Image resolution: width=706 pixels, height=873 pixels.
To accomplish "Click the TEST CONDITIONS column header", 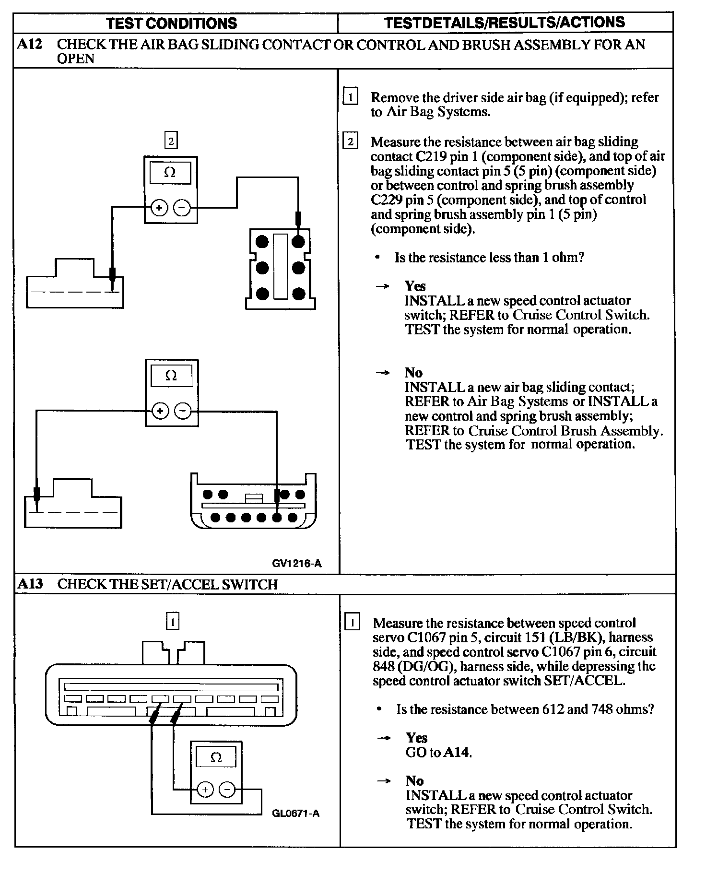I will coord(171,23).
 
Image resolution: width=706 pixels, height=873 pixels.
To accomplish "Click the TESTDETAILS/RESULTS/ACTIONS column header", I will coord(505,22).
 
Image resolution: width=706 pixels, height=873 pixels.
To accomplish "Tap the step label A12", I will coord(30,45).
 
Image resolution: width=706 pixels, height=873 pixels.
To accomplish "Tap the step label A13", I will coord(30,584).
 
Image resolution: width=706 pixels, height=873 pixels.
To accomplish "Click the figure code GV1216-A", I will coord(296,564).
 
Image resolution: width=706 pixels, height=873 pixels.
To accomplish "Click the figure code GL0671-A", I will coord(295,813).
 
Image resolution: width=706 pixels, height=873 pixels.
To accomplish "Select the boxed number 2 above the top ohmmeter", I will coord(170,141).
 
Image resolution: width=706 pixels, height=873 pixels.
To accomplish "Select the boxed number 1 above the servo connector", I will coord(172,622).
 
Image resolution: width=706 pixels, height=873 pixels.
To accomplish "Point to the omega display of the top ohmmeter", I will coord(170,173).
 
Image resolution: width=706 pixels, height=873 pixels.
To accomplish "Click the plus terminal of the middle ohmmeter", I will coord(160,411).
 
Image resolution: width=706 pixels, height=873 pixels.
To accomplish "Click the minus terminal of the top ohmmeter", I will coord(182,208).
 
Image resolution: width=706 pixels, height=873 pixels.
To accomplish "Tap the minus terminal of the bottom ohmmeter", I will coord(227,789).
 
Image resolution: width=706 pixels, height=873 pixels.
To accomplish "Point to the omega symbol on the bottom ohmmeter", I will coord(216,758).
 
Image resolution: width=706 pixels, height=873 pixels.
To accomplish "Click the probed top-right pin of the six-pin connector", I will coord(298,241).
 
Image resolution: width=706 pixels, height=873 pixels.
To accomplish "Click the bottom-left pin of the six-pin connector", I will coord(262,293).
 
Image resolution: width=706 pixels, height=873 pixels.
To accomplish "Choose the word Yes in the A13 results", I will coord(416,737).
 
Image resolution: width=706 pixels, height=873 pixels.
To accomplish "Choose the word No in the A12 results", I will coord(413,373).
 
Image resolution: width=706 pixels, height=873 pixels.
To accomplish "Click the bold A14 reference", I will coord(457,752).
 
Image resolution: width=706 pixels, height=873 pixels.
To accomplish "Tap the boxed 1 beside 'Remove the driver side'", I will coord(351,97).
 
